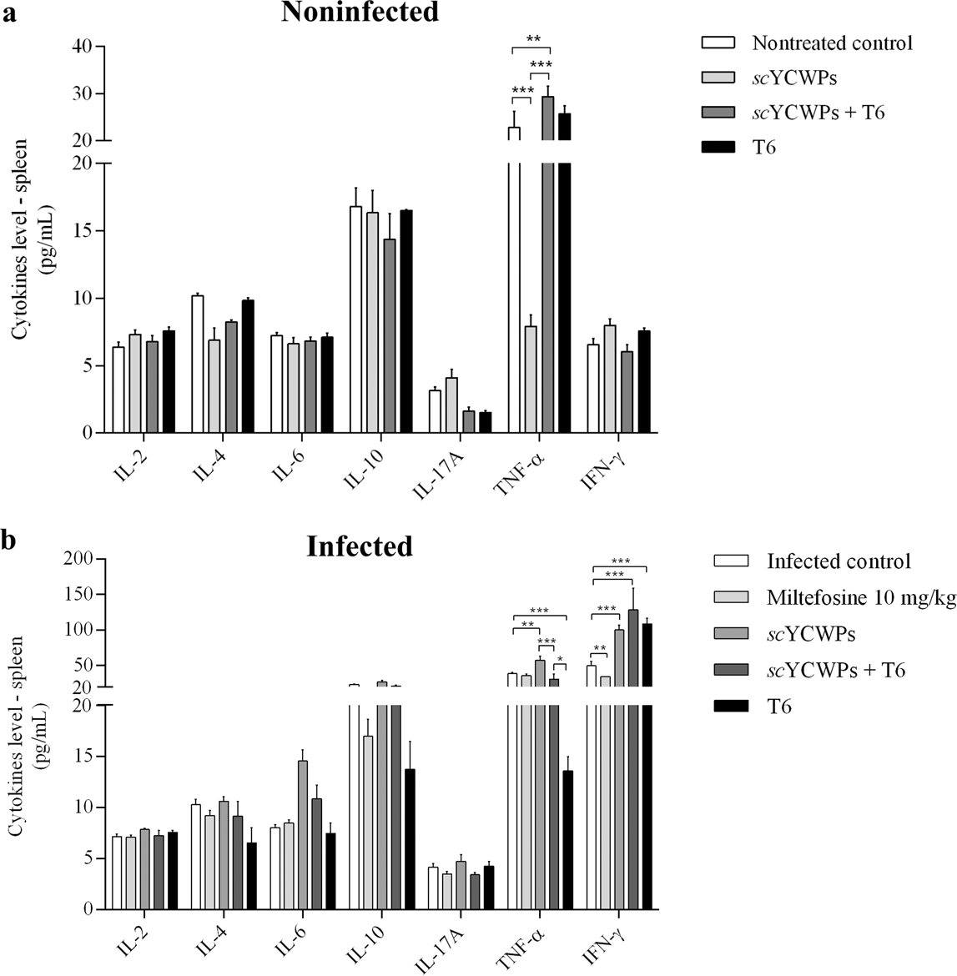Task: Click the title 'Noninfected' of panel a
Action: pyautogui.click(x=360, y=12)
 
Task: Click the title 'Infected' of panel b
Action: pyautogui.click(x=360, y=546)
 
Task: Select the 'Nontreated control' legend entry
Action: pyautogui.click(x=832, y=43)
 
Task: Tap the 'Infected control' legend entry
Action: pyautogui.click(x=839, y=561)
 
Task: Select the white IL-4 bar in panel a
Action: pyautogui.click(x=198, y=364)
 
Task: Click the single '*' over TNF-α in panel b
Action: pyautogui.click(x=560, y=659)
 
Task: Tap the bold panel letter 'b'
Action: pyautogui.click(x=9, y=541)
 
